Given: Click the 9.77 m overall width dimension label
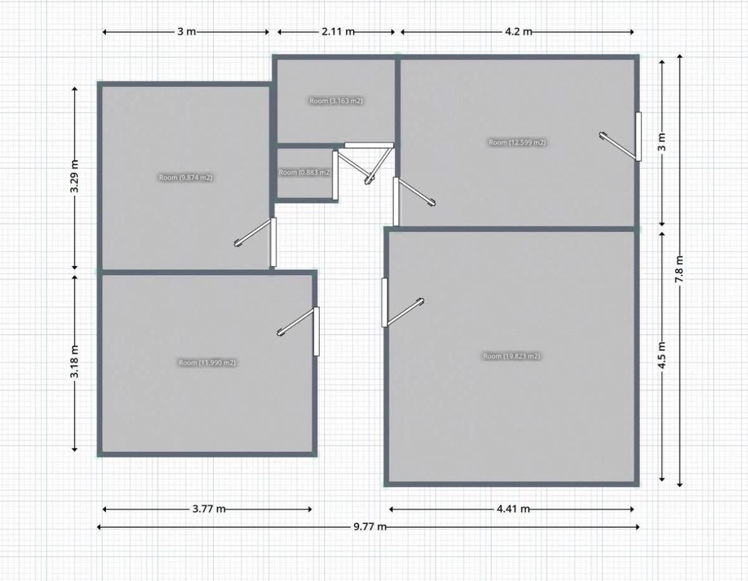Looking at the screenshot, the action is (x=370, y=527).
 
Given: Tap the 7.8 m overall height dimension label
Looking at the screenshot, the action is (x=679, y=269).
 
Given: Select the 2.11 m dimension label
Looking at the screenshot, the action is (x=338, y=32).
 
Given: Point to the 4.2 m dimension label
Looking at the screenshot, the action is (x=518, y=32).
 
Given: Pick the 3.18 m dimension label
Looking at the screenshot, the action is (x=74, y=361).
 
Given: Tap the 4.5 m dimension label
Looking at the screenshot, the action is (x=662, y=355).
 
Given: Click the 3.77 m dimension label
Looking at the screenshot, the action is (x=209, y=509).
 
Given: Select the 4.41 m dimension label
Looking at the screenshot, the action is (x=513, y=509).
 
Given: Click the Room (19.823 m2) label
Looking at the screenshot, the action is (x=511, y=356).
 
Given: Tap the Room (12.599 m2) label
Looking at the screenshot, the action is (x=517, y=143).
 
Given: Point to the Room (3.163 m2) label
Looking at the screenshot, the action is (x=336, y=101).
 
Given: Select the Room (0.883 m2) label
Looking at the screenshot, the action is (x=305, y=172).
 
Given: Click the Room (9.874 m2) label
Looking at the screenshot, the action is (x=185, y=177).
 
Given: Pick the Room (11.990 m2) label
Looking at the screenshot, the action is (x=207, y=362).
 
